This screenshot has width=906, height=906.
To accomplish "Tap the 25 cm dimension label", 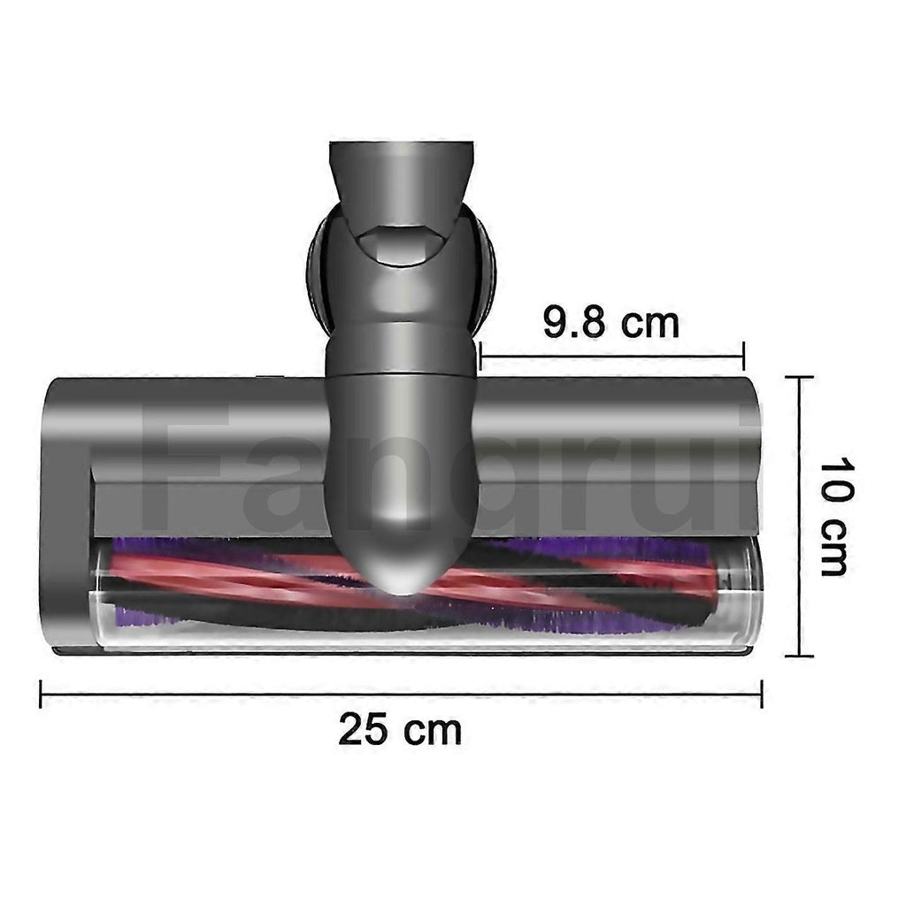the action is click(x=400, y=730).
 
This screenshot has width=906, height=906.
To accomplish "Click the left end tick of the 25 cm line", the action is click(x=41, y=694).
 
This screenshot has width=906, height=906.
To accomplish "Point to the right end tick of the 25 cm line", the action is click(x=762, y=694).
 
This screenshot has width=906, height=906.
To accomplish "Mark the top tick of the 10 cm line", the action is click(x=800, y=377).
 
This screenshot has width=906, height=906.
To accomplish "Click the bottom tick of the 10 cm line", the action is click(x=800, y=656).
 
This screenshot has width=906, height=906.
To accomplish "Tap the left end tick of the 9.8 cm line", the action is click(x=480, y=356).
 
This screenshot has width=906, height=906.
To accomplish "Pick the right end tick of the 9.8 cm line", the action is click(x=743, y=356).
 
